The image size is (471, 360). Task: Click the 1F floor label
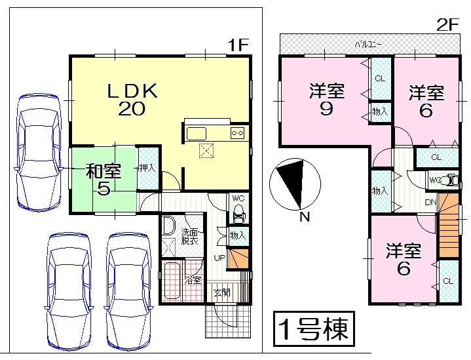pyautogui.click(x=238, y=45)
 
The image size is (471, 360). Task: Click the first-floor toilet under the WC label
pyautogui.click(x=238, y=214)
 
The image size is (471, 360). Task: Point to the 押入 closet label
pyautogui.click(x=147, y=168)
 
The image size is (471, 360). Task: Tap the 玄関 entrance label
pyautogui.click(x=221, y=292)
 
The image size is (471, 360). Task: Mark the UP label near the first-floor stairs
pyautogui.click(x=219, y=258)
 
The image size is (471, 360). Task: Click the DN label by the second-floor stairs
pyautogui.click(x=430, y=202)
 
